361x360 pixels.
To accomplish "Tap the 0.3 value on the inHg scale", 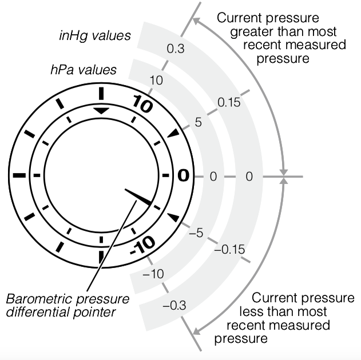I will [x=175, y=49].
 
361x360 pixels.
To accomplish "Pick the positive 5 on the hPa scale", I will [x=199, y=122].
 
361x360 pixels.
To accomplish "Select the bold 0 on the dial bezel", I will [x=183, y=176].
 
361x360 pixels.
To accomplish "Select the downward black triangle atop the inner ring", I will [x=101, y=110].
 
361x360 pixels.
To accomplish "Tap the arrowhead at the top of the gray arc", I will [x=196, y=21].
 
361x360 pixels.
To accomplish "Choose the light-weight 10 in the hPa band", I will [x=156, y=79].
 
